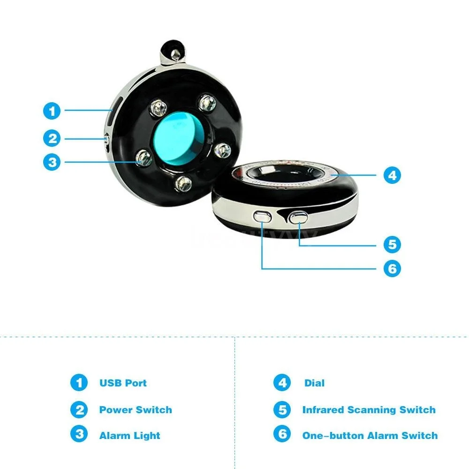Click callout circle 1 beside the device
click(52, 111)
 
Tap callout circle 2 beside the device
click(52, 138)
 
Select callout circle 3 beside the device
click(52, 162)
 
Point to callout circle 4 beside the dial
click(392, 175)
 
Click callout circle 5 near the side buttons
click(392, 244)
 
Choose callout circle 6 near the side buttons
click(392, 269)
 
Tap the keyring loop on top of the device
click(171, 51)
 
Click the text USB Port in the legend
click(123, 383)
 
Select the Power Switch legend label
click(136, 410)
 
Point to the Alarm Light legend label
click(129, 435)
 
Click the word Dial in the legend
click(314, 383)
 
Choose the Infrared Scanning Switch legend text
click(369, 410)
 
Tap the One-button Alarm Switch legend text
click(370, 435)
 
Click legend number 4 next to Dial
click(282, 383)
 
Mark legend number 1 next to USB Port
click(79, 383)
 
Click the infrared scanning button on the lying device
click(298, 217)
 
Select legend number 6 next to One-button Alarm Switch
click(282, 434)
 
